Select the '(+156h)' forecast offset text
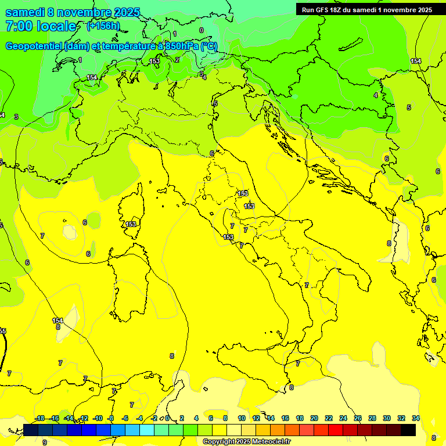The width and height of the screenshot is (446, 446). click(103, 26)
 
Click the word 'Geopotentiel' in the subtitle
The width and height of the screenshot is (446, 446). click(34, 46)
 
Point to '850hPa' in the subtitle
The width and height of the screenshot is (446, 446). click(181, 46)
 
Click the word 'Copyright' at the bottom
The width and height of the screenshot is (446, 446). click(219, 442)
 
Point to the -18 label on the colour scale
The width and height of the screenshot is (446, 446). click(39, 418)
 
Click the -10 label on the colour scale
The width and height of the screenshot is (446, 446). click(98, 418)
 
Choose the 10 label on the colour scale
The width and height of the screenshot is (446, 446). click(242, 418)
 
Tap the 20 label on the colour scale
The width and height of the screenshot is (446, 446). click(314, 418)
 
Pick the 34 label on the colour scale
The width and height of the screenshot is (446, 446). click(416, 418)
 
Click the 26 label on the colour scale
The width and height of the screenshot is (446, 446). click(358, 418)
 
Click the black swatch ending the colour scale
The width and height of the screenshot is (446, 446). click(408, 430)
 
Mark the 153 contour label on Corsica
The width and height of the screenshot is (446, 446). click(131, 224)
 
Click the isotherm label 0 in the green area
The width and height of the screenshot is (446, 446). click(202, 30)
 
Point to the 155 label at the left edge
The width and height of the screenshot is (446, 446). click(3, 331)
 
